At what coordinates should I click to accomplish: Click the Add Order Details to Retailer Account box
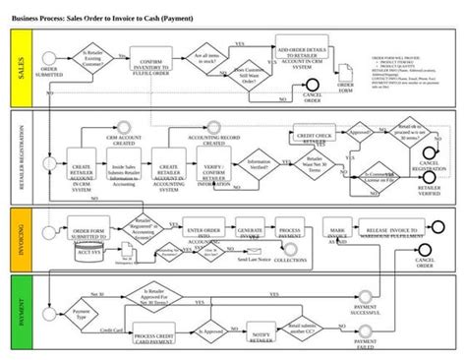tap(300, 58)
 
